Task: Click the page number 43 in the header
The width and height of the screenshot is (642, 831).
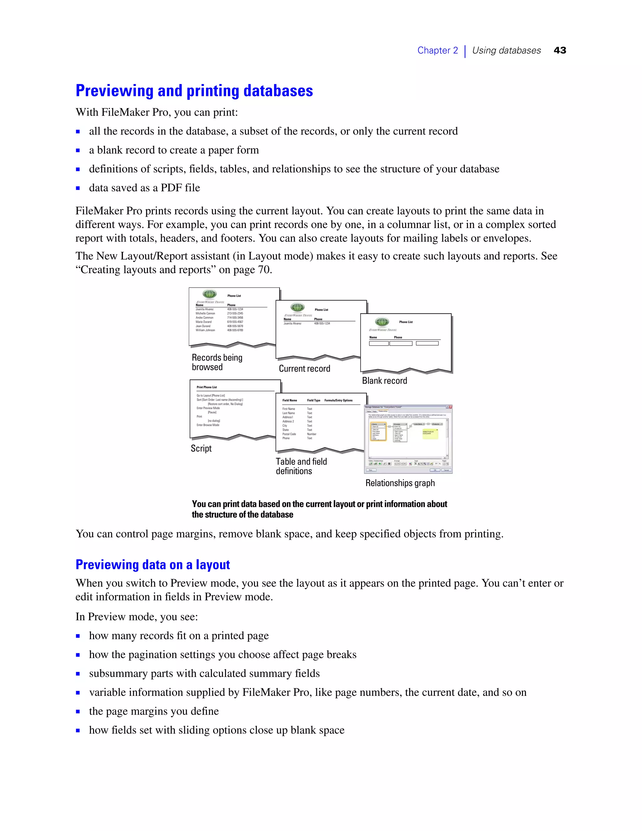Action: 560,50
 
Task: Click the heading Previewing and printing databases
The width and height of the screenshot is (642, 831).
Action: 194,91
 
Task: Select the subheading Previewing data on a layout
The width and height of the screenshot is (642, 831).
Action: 153,565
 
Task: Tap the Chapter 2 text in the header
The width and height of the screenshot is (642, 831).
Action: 437,50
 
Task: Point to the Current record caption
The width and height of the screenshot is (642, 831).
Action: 304,368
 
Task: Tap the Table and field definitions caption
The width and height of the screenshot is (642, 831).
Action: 301,466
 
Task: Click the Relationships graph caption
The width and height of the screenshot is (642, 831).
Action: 400,483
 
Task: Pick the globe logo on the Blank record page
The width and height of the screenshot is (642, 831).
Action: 382,321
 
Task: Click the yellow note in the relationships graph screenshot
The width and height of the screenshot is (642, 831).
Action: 430,433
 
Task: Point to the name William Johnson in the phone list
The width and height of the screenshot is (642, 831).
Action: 205,330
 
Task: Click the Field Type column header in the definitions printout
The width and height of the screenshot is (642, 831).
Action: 313,400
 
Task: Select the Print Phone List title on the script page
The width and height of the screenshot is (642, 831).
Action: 207,387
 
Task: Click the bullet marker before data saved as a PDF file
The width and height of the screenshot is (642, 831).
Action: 78,188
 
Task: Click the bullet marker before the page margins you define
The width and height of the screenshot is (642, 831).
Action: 78,711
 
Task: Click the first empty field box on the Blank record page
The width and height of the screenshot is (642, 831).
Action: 378,343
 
